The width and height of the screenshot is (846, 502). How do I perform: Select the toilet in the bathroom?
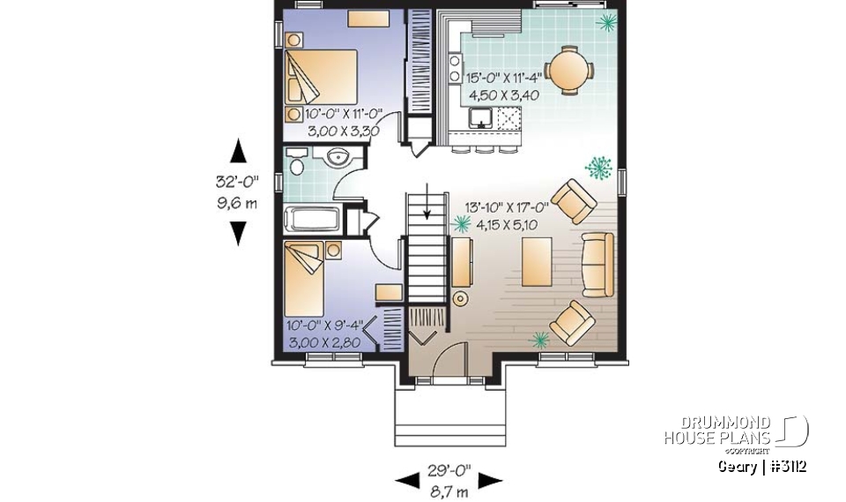pyautogui.click(x=297, y=164)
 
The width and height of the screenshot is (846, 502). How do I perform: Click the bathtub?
pyautogui.click(x=312, y=219)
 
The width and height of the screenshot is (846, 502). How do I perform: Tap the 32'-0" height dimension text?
pyautogui.click(x=238, y=183)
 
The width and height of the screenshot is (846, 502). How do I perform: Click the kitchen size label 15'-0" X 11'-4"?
pyautogui.click(x=502, y=78)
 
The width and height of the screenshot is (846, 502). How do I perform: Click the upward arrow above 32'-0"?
pyautogui.click(x=238, y=151)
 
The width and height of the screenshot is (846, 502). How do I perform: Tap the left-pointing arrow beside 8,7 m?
pyautogui.click(x=407, y=481)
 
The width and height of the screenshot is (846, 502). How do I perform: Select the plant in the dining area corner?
pyautogui.click(x=605, y=21)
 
